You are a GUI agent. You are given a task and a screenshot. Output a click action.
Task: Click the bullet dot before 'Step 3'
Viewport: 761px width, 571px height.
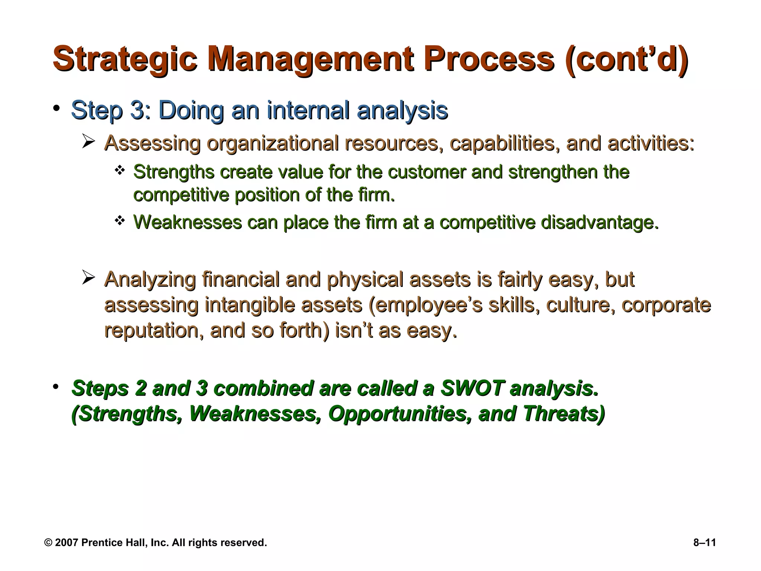point(56,108)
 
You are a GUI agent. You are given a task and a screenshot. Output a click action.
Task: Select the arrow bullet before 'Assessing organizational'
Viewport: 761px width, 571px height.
point(89,142)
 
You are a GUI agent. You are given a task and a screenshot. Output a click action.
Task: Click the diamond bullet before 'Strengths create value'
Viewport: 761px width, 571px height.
point(119,171)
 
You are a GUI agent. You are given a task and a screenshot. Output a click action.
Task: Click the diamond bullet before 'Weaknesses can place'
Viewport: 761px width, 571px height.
point(119,221)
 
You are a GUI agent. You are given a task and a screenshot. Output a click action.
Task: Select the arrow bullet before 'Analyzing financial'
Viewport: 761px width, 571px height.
point(89,278)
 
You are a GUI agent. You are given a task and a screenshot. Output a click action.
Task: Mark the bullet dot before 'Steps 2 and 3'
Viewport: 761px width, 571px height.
point(56,387)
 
